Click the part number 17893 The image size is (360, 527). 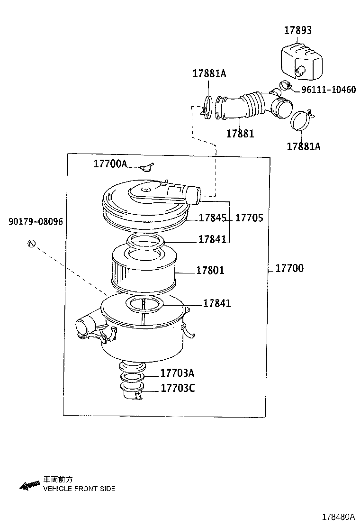pos(298,30)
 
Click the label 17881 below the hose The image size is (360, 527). pos(240,134)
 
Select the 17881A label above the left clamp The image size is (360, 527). pos(209,73)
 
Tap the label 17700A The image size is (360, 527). pos(110,164)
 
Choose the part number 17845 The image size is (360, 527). pos(212,218)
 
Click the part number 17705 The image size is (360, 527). pos(249,218)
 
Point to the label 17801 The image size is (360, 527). pos(210,271)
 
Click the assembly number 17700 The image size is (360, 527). pos(289,269)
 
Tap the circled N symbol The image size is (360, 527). pos(31,244)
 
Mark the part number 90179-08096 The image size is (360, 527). pos(36,222)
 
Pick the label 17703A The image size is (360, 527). pos(177,373)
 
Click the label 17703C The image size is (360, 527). pos(177,389)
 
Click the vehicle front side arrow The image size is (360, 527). pos(30,485)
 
